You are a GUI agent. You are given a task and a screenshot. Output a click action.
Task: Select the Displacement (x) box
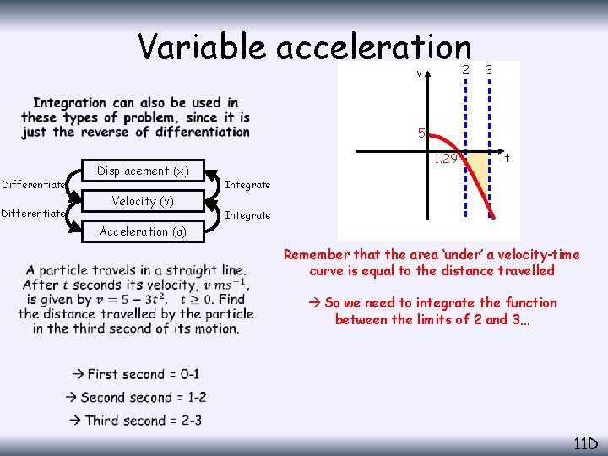click(x=143, y=171)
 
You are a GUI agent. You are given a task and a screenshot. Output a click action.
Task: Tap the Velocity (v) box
click(x=143, y=201)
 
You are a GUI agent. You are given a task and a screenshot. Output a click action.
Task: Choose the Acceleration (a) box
click(x=143, y=231)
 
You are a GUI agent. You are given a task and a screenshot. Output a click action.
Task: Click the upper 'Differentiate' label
click(x=33, y=185)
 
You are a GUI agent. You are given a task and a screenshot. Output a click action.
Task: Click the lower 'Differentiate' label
click(x=33, y=214)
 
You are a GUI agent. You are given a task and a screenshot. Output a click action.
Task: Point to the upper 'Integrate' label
click(x=247, y=185)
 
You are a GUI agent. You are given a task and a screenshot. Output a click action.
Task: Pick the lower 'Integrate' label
click(x=247, y=215)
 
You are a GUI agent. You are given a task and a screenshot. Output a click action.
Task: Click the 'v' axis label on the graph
click(x=420, y=73)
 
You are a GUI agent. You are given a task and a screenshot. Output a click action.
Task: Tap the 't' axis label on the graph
click(x=507, y=158)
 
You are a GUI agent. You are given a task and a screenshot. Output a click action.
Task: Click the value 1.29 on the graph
click(x=445, y=160)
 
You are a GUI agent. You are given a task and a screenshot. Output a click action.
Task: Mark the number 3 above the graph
click(x=489, y=69)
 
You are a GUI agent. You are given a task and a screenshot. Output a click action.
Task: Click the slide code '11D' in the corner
click(x=585, y=443)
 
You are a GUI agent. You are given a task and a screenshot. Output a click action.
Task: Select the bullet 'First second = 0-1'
click(x=137, y=374)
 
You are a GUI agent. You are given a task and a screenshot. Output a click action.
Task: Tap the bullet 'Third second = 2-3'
click(x=137, y=421)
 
